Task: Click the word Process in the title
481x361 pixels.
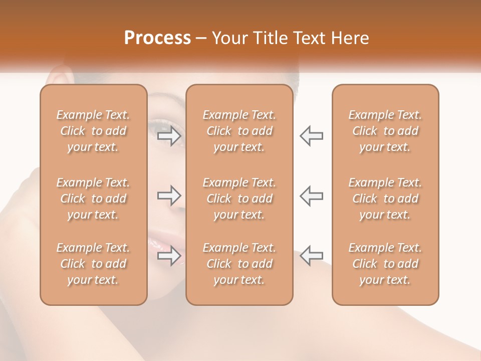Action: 157,38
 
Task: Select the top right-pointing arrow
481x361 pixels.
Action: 169,136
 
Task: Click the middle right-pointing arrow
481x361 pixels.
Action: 169,196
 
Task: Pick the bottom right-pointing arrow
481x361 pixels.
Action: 169,256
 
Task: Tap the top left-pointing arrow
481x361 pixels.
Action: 311,136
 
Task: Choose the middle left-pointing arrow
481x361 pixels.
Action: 311,196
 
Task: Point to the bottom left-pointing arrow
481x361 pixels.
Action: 311,256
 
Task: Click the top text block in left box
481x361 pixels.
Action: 93,131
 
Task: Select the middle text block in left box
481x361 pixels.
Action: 93,199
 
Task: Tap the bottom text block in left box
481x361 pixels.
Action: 93,264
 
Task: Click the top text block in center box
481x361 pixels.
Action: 239,131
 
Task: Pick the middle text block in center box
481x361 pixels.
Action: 239,199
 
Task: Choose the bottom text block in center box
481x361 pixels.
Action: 239,264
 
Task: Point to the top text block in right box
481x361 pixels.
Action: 385,131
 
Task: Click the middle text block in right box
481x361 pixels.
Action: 385,199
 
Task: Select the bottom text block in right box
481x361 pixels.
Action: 385,264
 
